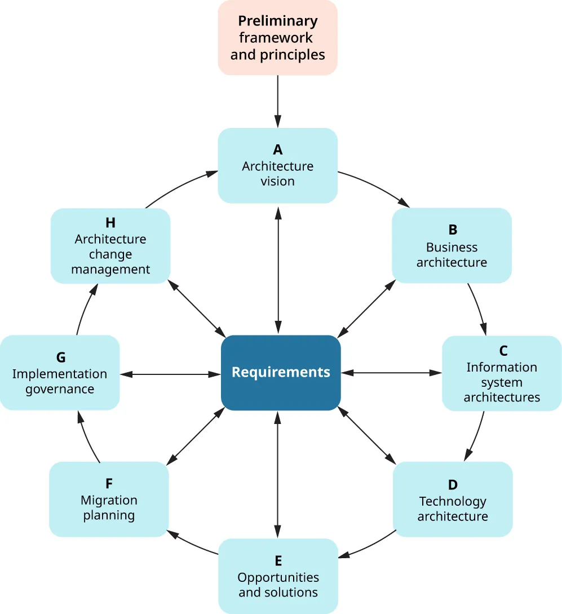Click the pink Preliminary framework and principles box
277,38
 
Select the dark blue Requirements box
281,372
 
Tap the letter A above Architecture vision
277,149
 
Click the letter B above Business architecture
452,230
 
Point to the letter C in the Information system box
503,351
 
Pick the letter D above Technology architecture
452,485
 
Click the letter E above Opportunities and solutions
278,561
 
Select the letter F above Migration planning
109,484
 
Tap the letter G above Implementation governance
61,357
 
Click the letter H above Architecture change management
110,223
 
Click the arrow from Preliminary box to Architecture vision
277,101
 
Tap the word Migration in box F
109,500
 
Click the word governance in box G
60,389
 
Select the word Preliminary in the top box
277,21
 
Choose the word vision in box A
277,182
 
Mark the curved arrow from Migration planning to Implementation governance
87,437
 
